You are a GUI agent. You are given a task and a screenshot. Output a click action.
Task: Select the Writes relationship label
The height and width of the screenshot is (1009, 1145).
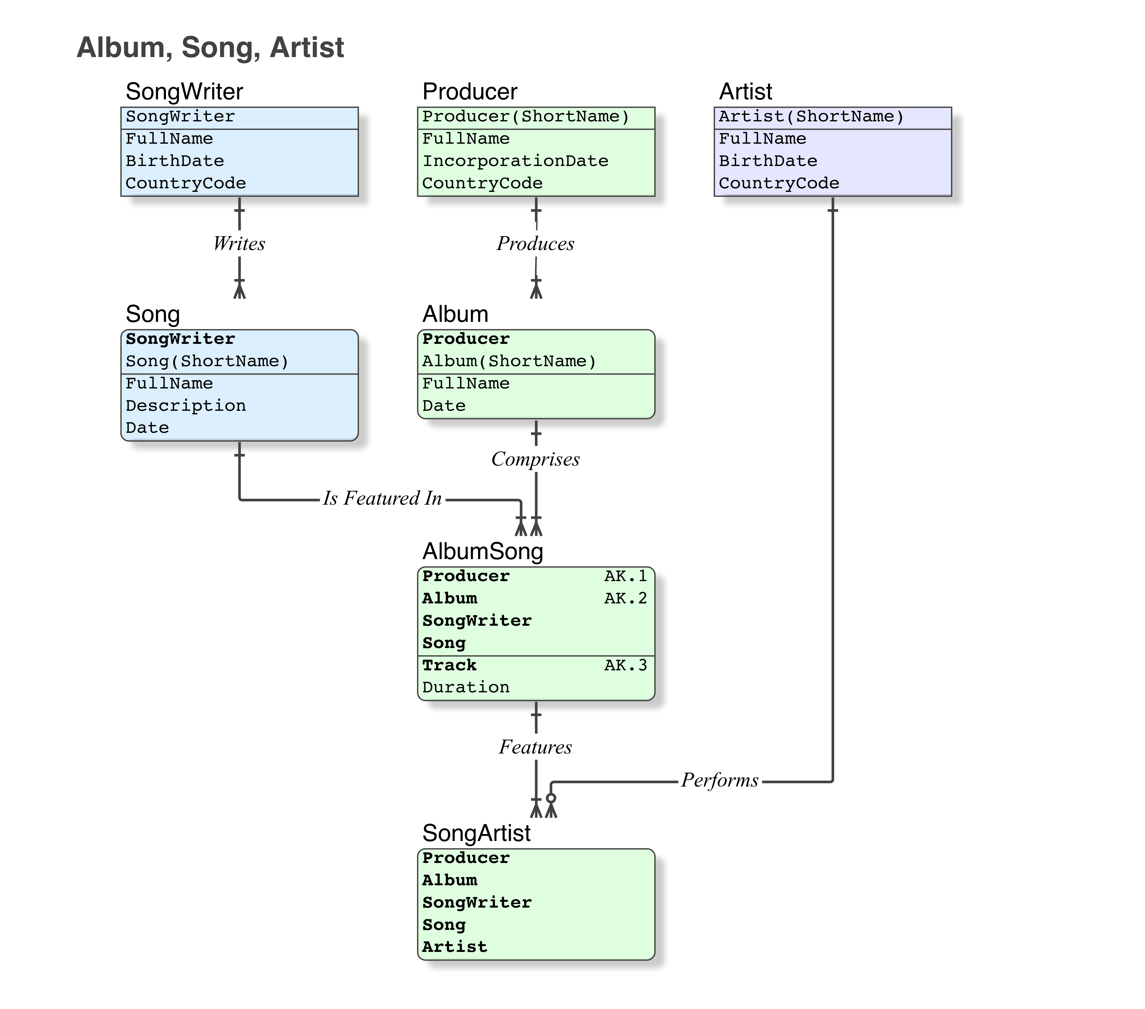coord(239,243)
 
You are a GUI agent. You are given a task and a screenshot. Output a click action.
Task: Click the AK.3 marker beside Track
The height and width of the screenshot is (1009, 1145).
coord(625,665)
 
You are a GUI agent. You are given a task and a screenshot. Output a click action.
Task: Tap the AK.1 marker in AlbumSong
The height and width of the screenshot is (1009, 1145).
coord(625,576)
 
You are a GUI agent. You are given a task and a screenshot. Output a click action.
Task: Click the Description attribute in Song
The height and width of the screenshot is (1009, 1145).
coord(185,406)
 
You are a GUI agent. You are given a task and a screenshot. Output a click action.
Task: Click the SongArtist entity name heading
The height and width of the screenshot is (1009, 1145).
coord(476,833)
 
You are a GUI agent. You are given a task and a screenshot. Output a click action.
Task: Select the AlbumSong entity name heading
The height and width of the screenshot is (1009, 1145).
coord(482,551)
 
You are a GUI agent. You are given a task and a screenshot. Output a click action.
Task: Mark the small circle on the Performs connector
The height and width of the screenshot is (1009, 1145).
coord(551,798)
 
